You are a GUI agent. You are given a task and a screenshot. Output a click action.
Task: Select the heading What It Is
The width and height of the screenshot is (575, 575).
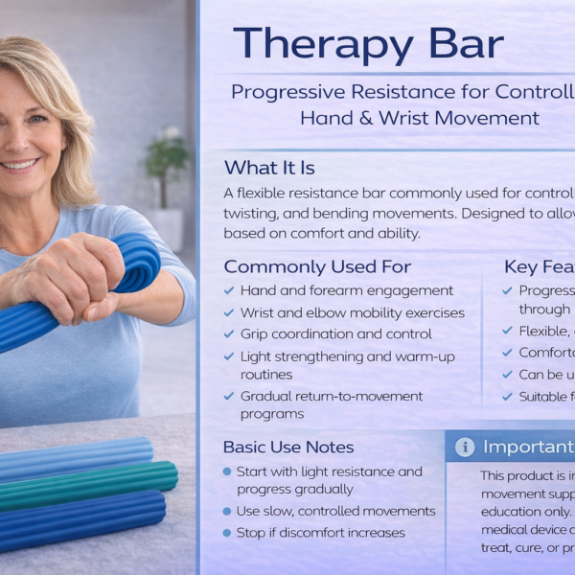point(269,168)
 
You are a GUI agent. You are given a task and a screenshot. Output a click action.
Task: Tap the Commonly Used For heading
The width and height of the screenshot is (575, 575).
point(317,266)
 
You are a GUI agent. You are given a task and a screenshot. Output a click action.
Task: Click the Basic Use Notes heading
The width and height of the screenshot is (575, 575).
point(288,447)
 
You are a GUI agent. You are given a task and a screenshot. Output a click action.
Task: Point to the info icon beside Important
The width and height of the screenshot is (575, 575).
point(465,447)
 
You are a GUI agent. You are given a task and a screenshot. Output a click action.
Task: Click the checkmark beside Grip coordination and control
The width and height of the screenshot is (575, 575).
point(229,334)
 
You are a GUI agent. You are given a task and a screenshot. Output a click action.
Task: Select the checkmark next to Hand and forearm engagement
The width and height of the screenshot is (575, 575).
point(229,290)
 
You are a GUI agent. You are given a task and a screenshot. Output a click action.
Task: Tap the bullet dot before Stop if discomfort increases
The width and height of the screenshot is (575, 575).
point(227,533)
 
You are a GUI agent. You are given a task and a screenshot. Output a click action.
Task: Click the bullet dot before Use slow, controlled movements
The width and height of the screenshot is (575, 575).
point(227,511)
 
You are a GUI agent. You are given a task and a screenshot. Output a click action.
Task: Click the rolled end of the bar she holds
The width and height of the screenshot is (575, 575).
point(139,261)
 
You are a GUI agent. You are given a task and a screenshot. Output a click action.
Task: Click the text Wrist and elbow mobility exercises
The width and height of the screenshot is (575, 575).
point(352,312)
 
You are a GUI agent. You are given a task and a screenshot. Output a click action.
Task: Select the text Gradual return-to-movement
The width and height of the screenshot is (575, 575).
point(331,396)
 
